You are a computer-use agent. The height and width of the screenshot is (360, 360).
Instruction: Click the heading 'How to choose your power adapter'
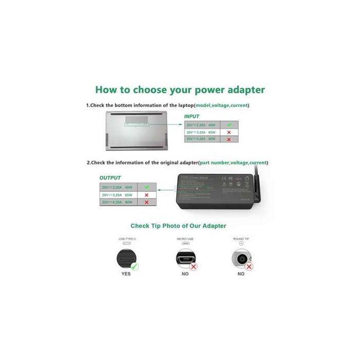(x=180, y=90)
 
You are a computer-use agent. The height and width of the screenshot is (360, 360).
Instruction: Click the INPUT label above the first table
(x=191, y=117)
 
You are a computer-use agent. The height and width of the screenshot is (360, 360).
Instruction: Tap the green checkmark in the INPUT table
(x=229, y=125)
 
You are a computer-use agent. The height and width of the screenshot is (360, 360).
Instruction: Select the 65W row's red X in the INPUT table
(x=229, y=132)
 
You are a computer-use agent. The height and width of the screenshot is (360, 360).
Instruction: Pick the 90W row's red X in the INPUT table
(x=229, y=139)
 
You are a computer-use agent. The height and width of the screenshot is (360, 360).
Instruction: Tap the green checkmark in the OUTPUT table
(x=147, y=187)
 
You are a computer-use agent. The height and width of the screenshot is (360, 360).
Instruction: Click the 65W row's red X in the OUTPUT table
(x=147, y=195)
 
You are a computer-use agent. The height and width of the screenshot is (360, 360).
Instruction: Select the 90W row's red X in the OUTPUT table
(x=147, y=203)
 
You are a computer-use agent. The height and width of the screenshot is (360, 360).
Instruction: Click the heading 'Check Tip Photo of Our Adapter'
(x=178, y=226)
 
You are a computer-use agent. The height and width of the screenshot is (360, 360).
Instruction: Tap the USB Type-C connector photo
(x=125, y=258)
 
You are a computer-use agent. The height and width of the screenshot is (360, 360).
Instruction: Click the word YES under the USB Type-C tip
(x=126, y=274)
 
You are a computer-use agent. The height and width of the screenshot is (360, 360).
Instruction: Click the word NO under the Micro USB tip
(x=185, y=274)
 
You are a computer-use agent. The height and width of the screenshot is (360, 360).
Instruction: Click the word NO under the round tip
(x=241, y=274)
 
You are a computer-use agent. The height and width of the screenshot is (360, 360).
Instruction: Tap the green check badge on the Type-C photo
(x=135, y=266)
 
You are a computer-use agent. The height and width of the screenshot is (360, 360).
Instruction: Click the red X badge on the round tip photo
(x=249, y=266)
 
